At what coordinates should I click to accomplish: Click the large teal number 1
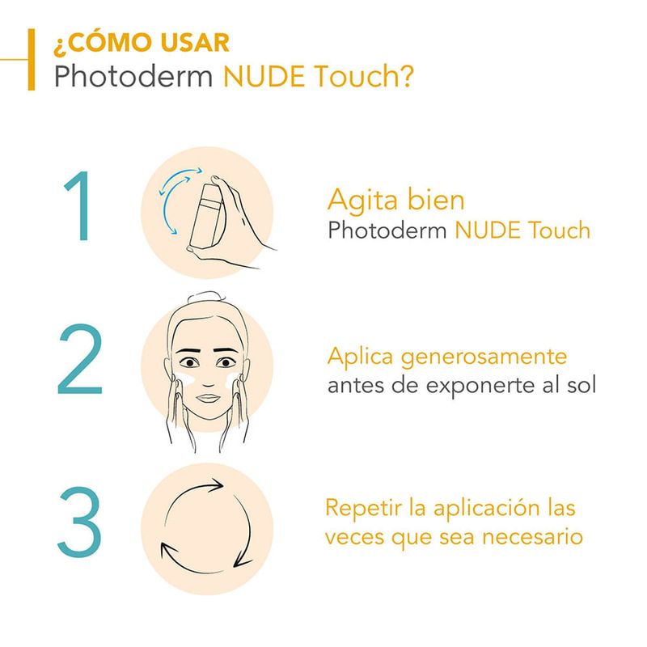[x=80, y=205]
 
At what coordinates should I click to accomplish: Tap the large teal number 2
[x=79, y=359]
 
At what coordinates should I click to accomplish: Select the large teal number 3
[x=79, y=522]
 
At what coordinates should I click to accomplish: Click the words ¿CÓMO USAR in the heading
[x=141, y=44]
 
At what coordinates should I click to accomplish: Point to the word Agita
[x=362, y=201]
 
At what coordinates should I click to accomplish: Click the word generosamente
[x=484, y=357]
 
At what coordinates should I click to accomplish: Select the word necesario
[x=532, y=537]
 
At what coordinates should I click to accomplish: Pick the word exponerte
[x=480, y=387]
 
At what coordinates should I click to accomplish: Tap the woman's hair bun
[x=205, y=297]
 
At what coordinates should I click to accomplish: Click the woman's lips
[x=209, y=398]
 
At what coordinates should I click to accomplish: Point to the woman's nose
[x=208, y=379]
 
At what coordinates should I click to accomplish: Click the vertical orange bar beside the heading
[x=32, y=59]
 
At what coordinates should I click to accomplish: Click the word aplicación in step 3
[x=487, y=509]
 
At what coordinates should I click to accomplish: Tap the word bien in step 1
[x=436, y=200]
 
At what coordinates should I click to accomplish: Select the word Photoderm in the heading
[x=133, y=76]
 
